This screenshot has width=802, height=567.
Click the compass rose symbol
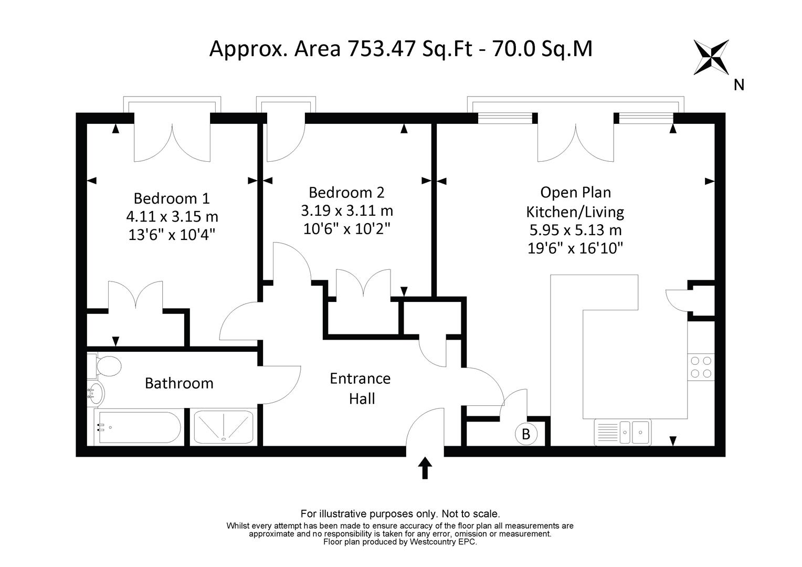(x=711, y=57)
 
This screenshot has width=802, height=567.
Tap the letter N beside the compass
(x=739, y=85)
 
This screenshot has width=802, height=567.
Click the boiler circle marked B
(x=525, y=434)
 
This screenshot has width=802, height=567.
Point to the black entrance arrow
(x=425, y=468)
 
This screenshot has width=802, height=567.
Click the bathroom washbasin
(x=96, y=393)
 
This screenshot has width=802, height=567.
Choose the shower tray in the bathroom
(x=224, y=427)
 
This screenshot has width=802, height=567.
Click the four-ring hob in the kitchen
(x=701, y=367)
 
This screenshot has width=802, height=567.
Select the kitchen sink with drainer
(x=622, y=432)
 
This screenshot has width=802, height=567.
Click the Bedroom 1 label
(x=172, y=198)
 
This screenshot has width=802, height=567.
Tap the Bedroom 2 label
(x=346, y=192)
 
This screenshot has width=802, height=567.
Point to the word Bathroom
(x=179, y=383)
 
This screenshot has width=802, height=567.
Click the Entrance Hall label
(x=361, y=388)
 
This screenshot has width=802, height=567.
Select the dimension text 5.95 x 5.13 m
(x=575, y=230)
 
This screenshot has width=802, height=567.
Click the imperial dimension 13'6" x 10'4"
(x=172, y=235)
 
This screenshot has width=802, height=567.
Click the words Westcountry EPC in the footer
(x=443, y=542)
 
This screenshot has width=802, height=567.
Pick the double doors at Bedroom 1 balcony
(x=172, y=142)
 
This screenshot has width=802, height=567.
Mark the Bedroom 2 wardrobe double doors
(x=363, y=283)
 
